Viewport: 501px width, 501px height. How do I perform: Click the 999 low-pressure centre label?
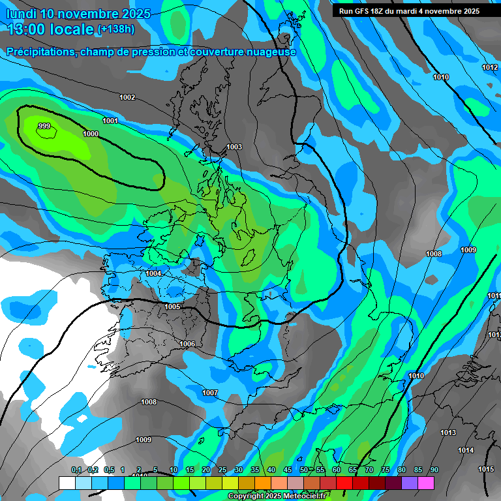44,127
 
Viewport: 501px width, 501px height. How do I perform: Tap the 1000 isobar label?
91,134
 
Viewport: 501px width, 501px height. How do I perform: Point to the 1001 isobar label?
110,121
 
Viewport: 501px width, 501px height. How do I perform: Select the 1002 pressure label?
127,97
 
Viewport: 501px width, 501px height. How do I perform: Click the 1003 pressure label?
234,147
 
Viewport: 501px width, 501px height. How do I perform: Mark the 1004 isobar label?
154,273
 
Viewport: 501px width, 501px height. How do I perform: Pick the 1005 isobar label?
172,307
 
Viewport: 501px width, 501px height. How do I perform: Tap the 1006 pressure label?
187,344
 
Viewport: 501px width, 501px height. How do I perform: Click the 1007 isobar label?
209,393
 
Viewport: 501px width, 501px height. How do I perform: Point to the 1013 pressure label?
448,433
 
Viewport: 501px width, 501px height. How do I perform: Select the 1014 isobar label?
466,450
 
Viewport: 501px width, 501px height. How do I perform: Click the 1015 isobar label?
486,469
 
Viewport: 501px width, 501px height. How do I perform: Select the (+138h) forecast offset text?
116,29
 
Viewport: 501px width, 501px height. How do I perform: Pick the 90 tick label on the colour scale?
434,470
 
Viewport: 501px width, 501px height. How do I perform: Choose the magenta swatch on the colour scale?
426,483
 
